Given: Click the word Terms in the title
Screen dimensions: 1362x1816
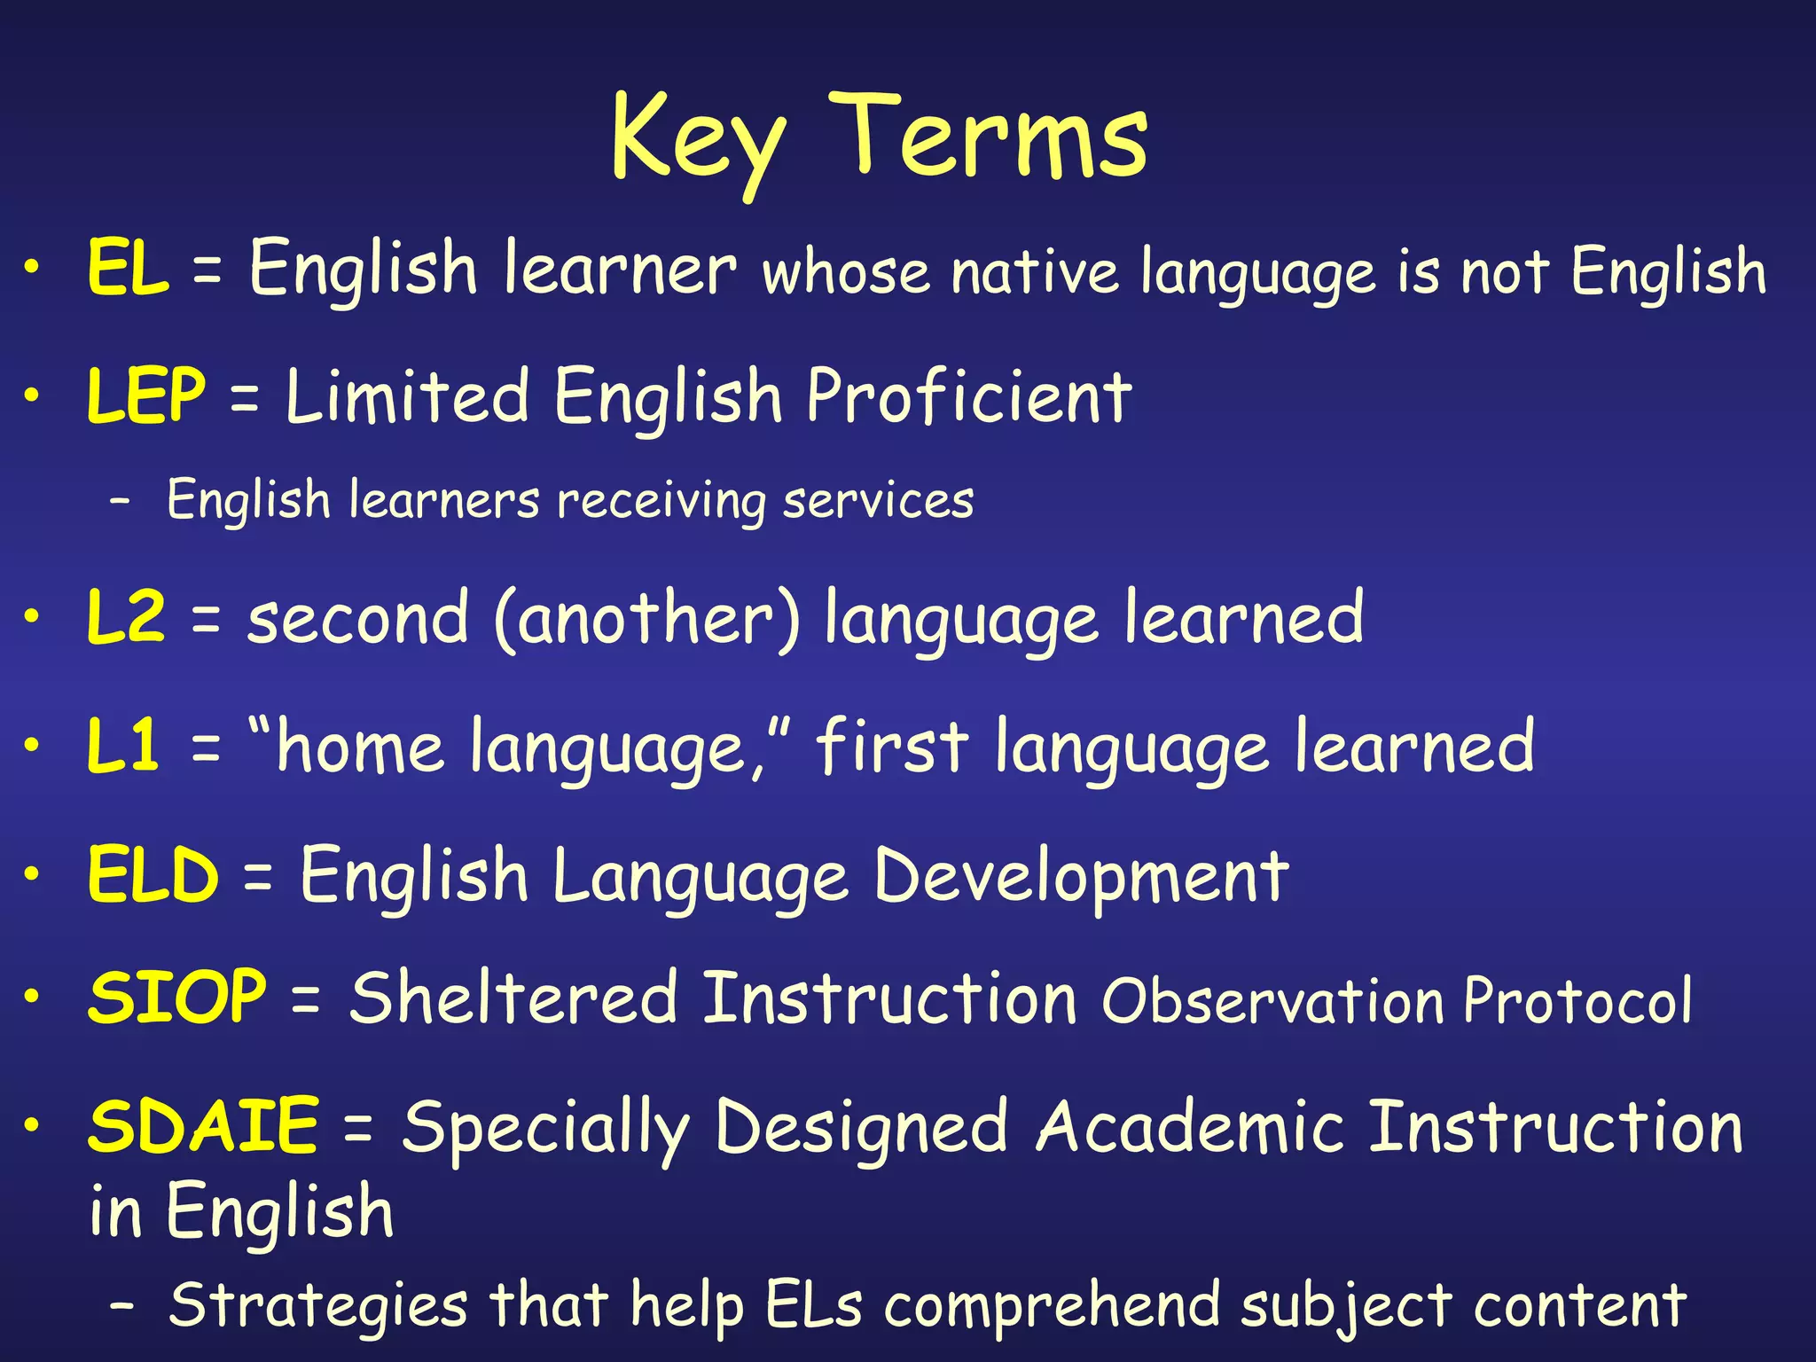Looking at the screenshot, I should coord(988,137).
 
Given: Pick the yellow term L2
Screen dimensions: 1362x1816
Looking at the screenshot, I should coord(126,617).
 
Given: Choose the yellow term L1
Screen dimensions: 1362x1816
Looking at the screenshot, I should coord(123,746).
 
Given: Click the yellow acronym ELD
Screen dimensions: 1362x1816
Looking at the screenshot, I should coord(153,875).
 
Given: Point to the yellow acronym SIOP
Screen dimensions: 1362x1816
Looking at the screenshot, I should coord(177,998).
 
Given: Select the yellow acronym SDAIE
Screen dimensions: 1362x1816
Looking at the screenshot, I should coord(203,1126).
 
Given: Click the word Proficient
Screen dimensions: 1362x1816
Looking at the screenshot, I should coord(968,396).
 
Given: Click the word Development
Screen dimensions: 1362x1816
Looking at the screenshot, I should coord(1081,877).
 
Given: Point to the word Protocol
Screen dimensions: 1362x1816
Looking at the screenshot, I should coord(1577,1001).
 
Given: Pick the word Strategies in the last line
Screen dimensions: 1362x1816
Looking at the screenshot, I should coord(317,1306).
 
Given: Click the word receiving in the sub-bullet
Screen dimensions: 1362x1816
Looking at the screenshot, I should coord(661,501).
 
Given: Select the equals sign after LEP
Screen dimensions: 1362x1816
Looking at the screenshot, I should coord(245,398).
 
